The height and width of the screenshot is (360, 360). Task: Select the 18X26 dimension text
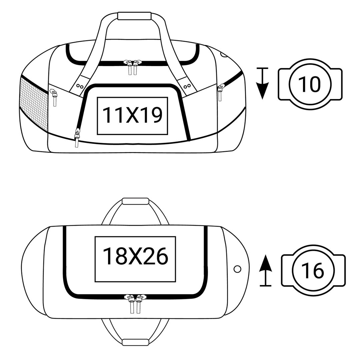pyautogui.click(x=135, y=256)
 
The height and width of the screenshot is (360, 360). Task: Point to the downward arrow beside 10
pyautogui.click(x=262, y=83)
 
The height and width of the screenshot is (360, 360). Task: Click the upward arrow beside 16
pyautogui.click(x=265, y=270)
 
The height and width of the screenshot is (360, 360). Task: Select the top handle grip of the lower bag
pyautogui.click(x=135, y=201)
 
